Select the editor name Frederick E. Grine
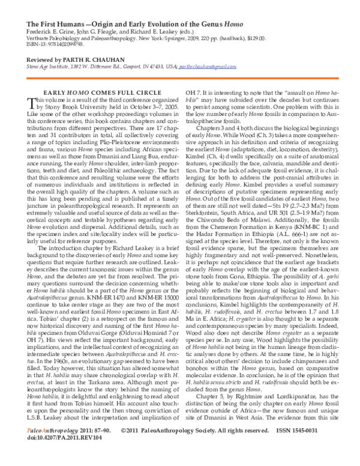pos(47,32)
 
